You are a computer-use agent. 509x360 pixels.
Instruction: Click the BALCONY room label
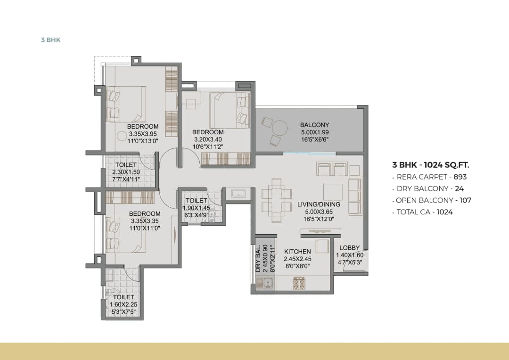point(314,125)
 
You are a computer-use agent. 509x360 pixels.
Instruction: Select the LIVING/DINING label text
point(319,205)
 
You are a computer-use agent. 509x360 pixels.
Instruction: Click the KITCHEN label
point(297,252)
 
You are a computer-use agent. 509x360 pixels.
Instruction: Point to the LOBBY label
point(349,248)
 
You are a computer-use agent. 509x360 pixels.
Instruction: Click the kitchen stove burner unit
point(300,284)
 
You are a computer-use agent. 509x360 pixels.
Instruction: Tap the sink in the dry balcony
point(267,284)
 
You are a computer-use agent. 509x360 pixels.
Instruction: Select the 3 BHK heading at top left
point(51,40)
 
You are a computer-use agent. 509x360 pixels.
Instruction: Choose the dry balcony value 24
point(459,189)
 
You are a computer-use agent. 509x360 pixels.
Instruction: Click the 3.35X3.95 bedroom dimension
point(143,134)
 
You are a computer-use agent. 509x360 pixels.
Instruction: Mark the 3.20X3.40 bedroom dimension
point(208,139)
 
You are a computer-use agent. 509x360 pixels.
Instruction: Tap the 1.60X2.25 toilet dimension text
point(123,304)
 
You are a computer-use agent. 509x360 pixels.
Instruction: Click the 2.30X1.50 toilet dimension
point(126,172)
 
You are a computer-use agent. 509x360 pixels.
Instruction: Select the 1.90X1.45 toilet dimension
point(196,208)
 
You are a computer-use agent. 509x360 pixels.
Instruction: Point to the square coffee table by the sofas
point(333,190)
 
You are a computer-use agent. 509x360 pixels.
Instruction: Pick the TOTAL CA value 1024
point(444,212)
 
